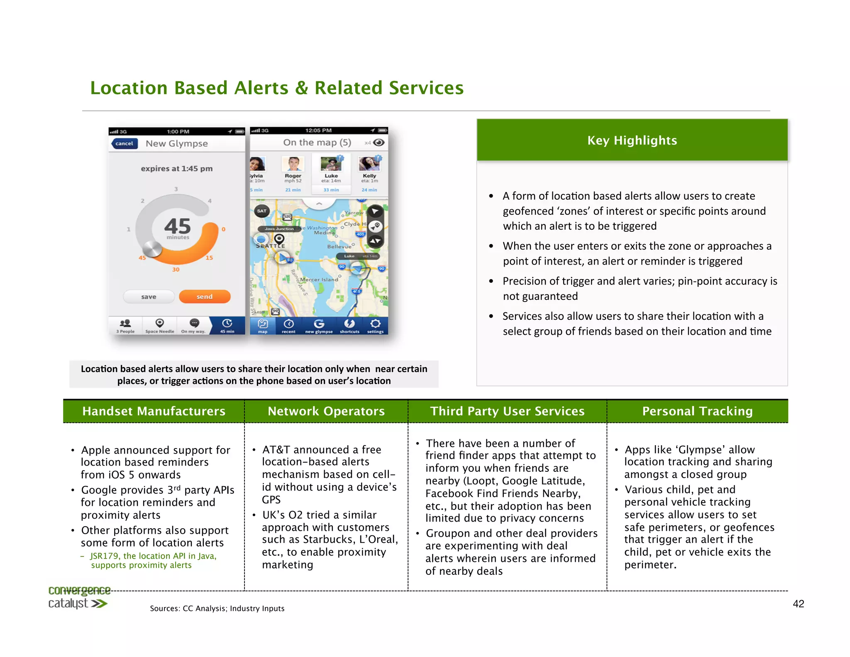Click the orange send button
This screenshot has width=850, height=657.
(205, 297)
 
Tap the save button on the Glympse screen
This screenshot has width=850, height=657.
(149, 297)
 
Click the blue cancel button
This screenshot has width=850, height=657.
(124, 144)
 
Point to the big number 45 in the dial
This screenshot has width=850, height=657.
(178, 226)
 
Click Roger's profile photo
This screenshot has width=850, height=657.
(293, 164)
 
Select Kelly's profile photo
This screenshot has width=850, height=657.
(369, 164)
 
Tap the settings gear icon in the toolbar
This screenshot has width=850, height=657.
(375, 324)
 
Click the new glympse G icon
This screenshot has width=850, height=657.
(319, 324)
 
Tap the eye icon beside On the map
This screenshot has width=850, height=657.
(379, 142)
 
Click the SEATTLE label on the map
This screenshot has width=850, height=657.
(270, 246)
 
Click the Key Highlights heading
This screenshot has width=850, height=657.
(632, 140)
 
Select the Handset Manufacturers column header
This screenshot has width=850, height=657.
(154, 411)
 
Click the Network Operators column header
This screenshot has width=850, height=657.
(326, 411)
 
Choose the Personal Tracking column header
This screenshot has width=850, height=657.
(697, 411)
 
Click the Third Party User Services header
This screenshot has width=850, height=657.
(507, 411)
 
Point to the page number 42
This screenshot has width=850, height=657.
(798, 604)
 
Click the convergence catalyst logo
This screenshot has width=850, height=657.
(79, 597)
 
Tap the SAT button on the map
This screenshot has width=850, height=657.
(262, 211)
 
